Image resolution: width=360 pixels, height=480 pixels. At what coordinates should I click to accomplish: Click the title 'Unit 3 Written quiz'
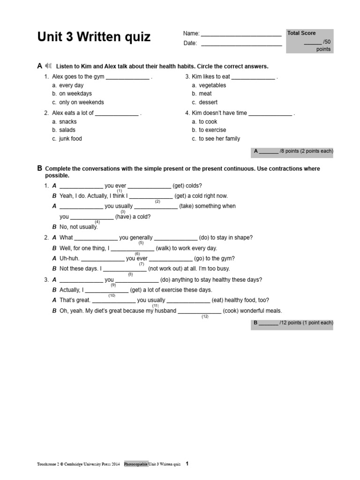click(x=94, y=37)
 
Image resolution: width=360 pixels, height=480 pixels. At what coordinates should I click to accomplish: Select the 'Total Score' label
click(x=301, y=33)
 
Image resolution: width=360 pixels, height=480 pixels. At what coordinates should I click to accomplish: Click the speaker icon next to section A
click(x=50, y=66)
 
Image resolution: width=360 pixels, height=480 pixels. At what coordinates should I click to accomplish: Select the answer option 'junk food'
click(x=70, y=139)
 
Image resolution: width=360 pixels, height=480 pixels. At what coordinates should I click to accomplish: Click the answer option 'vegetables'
click(x=212, y=85)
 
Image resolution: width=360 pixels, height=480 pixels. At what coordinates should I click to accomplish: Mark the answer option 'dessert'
click(x=208, y=102)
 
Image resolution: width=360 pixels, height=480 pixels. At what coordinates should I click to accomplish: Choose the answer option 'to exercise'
click(x=212, y=130)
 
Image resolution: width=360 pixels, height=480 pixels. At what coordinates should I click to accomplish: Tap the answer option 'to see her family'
click(x=219, y=139)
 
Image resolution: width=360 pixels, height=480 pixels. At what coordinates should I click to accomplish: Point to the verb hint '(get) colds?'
click(x=187, y=186)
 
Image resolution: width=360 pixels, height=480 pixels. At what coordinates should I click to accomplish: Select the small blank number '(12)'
click(x=205, y=317)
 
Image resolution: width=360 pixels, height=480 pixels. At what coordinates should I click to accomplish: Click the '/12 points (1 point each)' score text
click(x=306, y=323)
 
